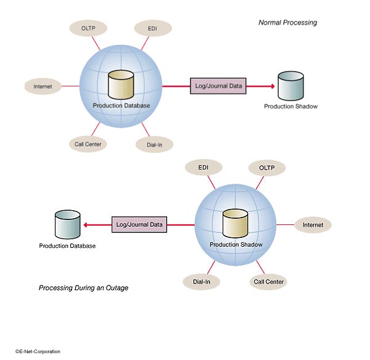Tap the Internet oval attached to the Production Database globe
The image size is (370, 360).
pos(43,86)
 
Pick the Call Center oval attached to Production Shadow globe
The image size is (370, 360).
pos(269,282)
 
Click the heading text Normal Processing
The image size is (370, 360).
pos(287,23)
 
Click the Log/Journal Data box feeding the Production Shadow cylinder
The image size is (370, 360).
pos(218,86)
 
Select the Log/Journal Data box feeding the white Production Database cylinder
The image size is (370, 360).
pos(139,224)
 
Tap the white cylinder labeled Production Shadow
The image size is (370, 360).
pos(290,86)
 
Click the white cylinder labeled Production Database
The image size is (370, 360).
pos(67,224)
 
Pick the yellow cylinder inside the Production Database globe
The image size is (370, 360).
pos(121,86)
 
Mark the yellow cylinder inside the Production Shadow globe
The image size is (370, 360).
pos(236,224)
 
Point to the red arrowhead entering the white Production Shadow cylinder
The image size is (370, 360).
pos(271,86)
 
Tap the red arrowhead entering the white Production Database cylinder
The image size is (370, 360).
pos(87,224)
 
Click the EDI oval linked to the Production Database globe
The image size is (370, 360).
pos(152,28)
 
